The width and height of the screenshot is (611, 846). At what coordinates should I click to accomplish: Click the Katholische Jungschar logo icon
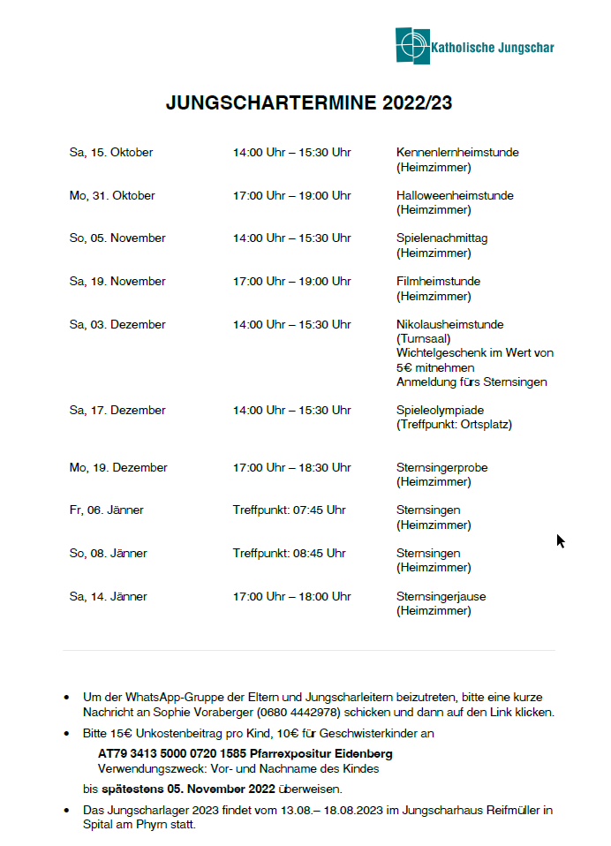click(x=412, y=45)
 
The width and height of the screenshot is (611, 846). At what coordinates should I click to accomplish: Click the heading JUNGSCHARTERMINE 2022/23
click(x=309, y=103)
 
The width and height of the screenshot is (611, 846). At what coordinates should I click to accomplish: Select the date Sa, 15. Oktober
click(x=111, y=153)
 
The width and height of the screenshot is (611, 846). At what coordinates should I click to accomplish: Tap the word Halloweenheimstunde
click(x=455, y=195)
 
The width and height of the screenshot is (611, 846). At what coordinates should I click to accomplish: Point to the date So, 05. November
click(x=117, y=238)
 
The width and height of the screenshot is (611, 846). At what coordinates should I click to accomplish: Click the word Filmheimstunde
click(x=438, y=282)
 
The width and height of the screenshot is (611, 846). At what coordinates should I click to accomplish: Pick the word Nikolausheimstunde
click(x=449, y=324)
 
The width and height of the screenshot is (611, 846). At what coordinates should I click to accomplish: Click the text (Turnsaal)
click(x=424, y=338)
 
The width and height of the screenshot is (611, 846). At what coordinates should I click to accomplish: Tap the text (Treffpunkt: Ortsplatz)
click(x=454, y=425)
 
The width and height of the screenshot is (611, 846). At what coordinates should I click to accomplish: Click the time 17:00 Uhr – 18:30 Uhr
click(x=291, y=468)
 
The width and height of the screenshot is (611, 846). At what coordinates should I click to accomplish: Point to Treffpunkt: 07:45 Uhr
click(x=289, y=510)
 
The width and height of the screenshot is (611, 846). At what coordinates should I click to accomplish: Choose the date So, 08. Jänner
click(x=108, y=554)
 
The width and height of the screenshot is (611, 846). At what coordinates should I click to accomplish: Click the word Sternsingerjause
click(x=441, y=597)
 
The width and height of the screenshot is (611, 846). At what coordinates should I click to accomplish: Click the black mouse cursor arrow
click(x=560, y=540)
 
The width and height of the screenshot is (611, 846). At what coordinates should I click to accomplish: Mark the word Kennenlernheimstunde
click(x=457, y=153)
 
